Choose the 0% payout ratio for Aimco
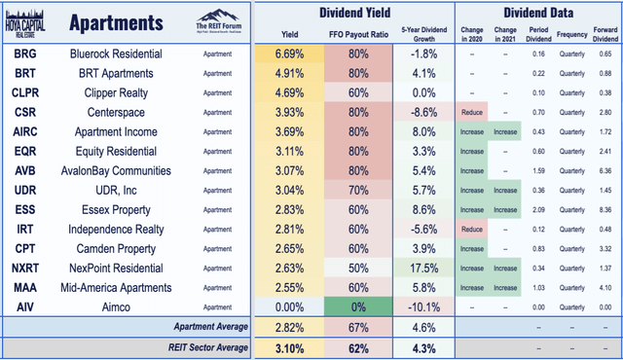[348, 306]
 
